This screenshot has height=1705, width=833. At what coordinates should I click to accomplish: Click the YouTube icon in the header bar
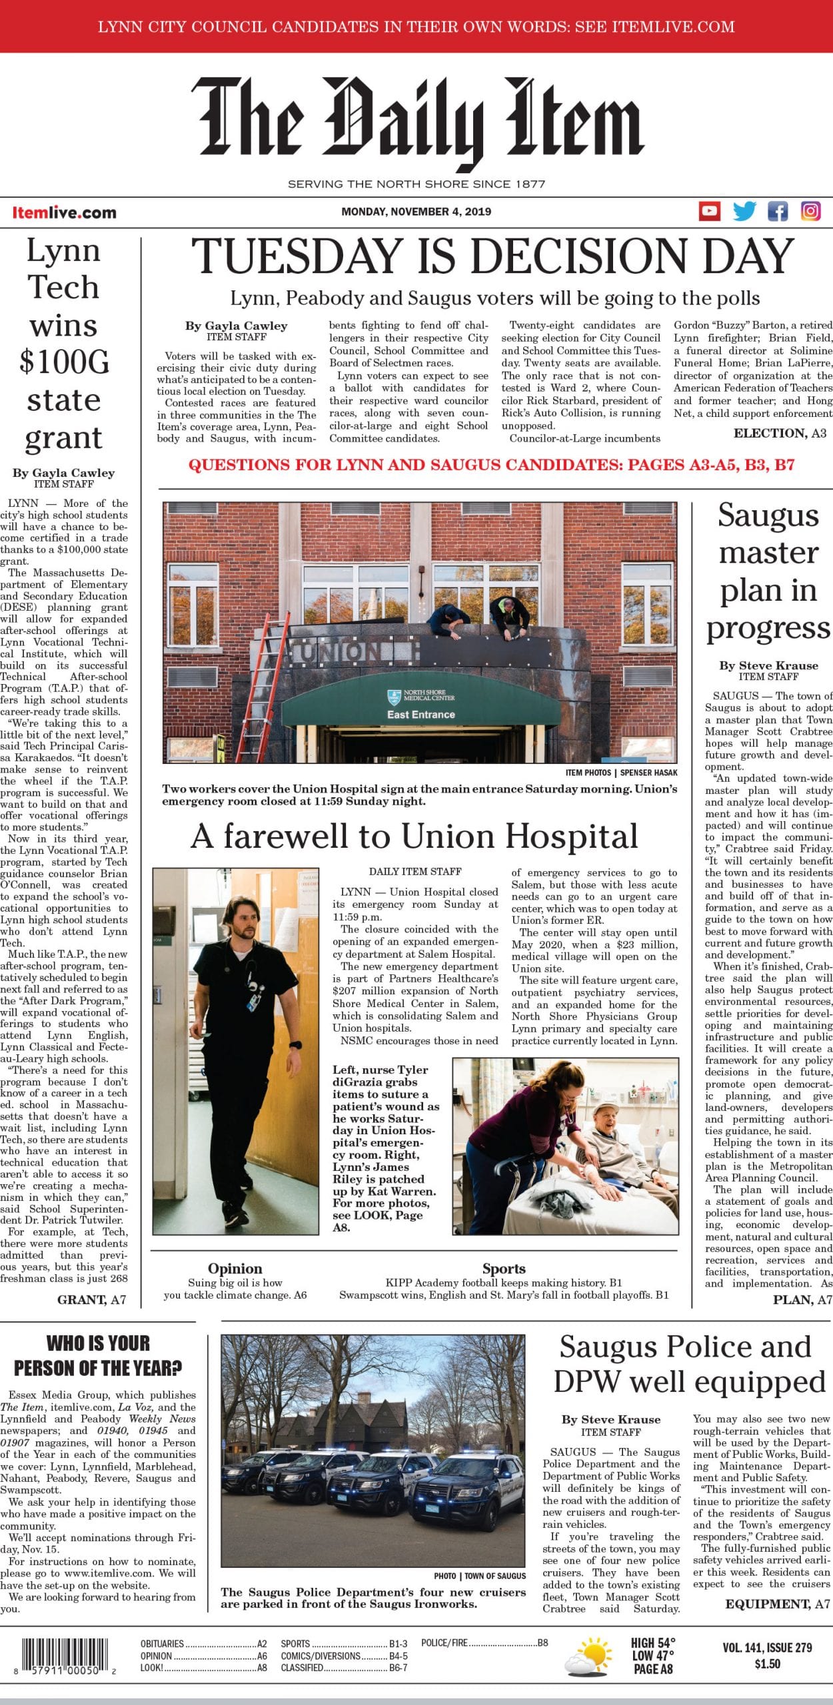coord(709,211)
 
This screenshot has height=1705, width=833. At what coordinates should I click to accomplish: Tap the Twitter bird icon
coord(744,211)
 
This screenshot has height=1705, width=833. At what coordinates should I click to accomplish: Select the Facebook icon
coord(777,211)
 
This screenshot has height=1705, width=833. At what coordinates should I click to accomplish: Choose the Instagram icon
coord(810,211)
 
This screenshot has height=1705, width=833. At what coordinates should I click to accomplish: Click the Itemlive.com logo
coord(64,212)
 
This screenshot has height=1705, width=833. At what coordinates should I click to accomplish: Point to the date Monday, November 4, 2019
coord(416,212)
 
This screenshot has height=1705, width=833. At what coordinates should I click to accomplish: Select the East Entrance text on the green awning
coord(421,715)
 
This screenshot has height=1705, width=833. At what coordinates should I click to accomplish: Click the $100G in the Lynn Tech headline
coord(64,362)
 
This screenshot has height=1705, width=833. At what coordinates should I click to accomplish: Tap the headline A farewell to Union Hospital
coord(414,836)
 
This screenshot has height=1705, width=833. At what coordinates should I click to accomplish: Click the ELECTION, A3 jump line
coord(780,434)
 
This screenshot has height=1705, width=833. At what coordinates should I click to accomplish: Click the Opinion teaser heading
coord(235,1269)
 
